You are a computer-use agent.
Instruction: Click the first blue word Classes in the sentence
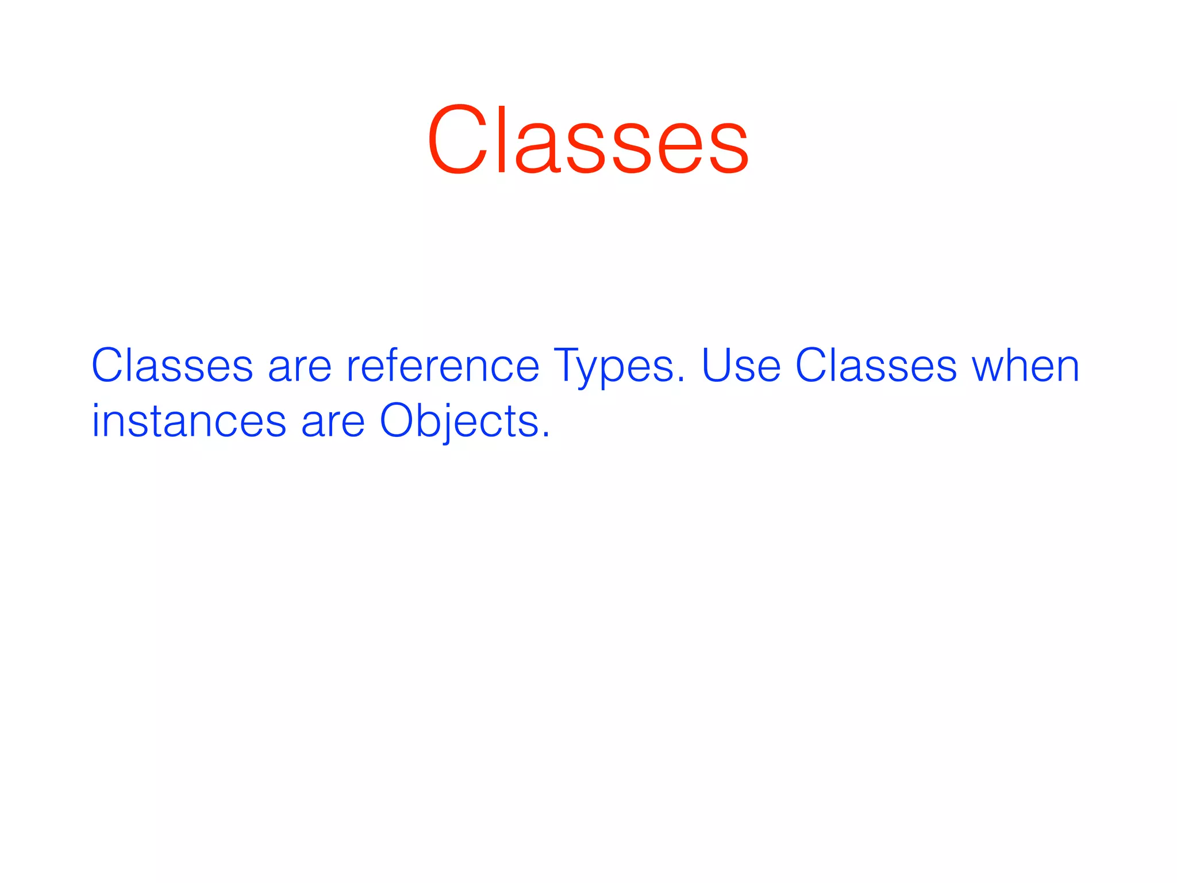172,366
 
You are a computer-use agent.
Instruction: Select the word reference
443,366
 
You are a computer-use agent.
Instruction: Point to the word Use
741,366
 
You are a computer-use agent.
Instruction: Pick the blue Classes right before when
876,366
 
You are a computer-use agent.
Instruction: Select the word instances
189,421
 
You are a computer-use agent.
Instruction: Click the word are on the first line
299,368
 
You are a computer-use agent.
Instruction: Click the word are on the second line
333,423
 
